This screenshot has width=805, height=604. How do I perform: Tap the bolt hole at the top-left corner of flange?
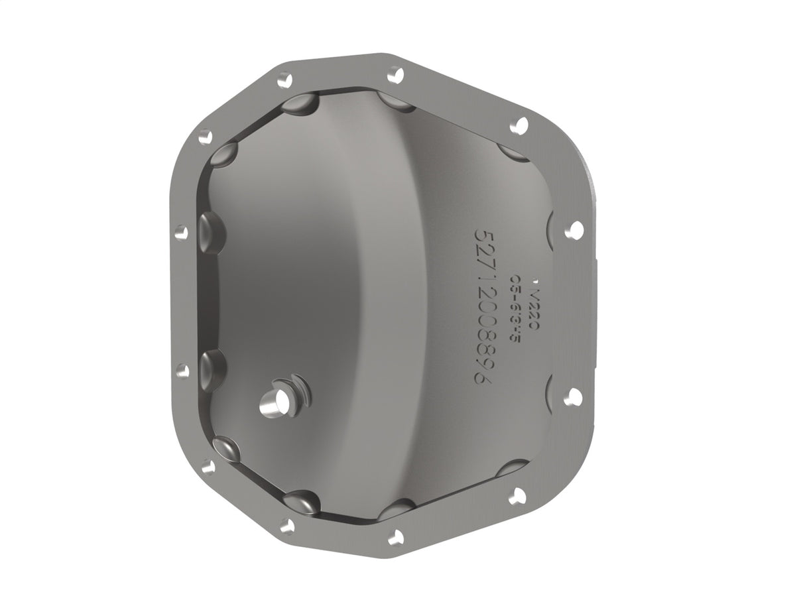[284, 80]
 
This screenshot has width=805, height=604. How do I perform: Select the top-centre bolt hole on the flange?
[395, 74]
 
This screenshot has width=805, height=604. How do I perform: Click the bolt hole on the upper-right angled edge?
[519, 125]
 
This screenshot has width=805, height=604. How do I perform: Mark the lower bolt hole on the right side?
[572, 396]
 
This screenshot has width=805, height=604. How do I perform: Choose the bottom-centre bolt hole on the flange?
[396, 536]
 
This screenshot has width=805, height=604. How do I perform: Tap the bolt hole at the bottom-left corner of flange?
[287, 526]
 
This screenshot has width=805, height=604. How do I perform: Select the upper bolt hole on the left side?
[180, 232]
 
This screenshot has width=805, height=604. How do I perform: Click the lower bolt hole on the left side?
[182, 370]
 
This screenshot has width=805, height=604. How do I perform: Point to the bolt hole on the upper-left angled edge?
[206, 137]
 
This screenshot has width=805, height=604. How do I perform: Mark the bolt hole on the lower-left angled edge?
[208, 466]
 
